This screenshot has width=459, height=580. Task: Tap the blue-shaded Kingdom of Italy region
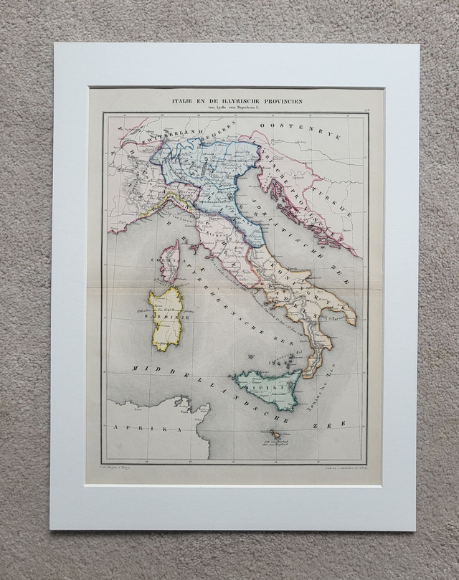215,179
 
